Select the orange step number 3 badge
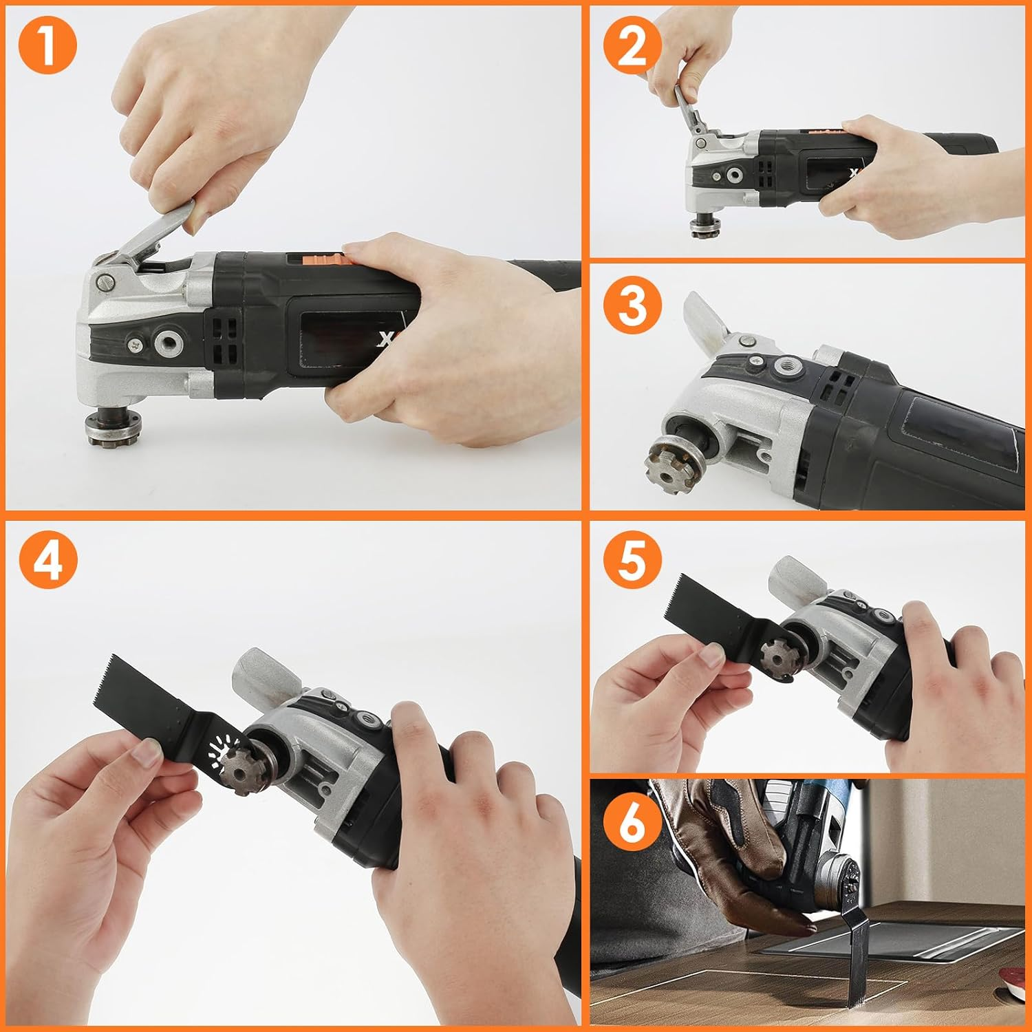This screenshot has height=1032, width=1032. pos(632,306)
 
